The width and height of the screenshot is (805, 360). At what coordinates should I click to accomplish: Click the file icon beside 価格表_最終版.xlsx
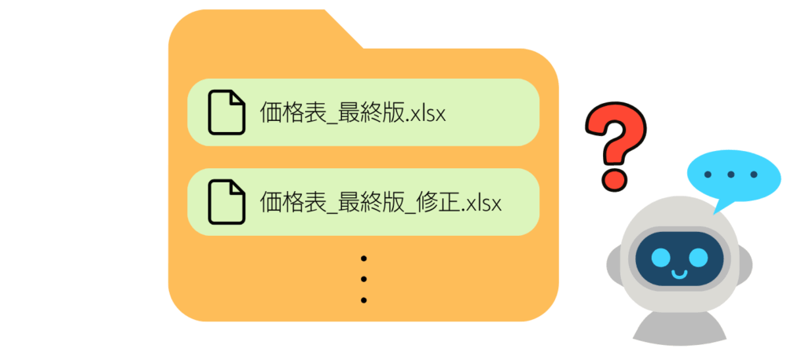coord(226,112)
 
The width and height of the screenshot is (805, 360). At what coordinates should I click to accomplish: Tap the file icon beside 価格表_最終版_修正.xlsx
coord(226,201)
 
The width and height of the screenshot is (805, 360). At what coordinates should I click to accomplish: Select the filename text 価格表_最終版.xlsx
coord(353,113)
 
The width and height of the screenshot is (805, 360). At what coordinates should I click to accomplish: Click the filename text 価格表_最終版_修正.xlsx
coord(380,203)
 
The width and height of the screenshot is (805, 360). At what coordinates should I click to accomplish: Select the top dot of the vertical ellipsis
coord(364,259)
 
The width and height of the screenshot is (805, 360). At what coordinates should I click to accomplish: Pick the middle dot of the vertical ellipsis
coord(364,279)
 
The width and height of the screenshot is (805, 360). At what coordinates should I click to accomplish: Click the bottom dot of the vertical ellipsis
coord(364,299)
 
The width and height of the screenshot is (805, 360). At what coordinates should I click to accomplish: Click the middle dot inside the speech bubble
coord(731,174)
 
